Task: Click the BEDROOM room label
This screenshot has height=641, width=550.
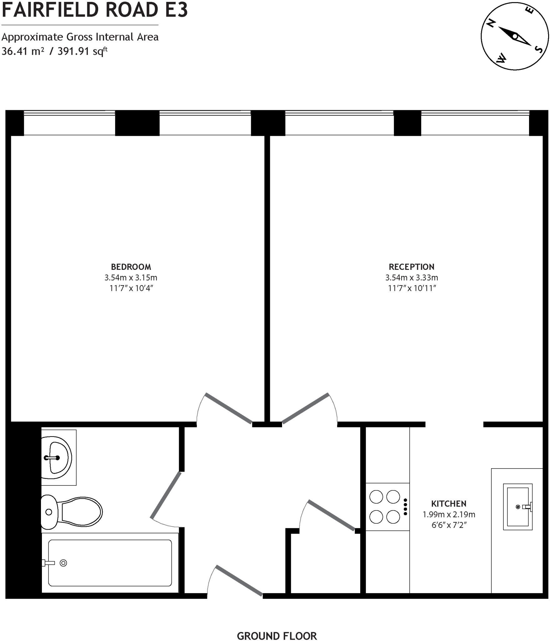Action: [x=131, y=267]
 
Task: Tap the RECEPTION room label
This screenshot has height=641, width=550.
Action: [x=411, y=267]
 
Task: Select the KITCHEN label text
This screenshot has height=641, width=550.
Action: [x=449, y=504]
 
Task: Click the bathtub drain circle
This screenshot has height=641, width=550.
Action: [x=63, y=563]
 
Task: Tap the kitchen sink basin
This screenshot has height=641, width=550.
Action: [x=517, y=507]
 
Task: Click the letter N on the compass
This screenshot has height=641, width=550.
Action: [x=492, y=23]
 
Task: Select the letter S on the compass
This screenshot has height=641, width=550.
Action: [x=539, y=49]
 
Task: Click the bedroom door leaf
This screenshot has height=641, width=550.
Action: [x=229, y=408]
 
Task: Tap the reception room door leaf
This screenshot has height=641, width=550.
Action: [x=305, y=408]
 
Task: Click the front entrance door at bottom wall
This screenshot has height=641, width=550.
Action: [x=239, y=581]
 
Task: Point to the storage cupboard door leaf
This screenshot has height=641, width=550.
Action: [x=332, y=515]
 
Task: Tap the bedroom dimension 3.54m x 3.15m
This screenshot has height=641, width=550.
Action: [x=131, y=278]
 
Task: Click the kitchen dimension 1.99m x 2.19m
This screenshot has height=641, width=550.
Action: [x=449, y=515]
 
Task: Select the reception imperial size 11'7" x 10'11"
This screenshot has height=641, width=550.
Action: [x=411, y=288]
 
